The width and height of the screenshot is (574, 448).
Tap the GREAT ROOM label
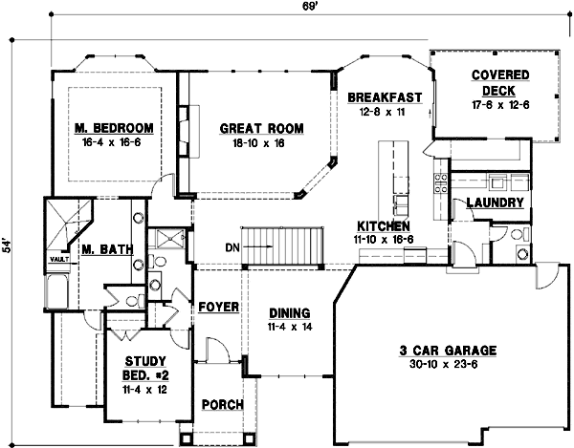pyautogui.click(x=261, y=128)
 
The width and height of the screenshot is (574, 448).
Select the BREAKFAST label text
pyautogui.click(x=386, y=97)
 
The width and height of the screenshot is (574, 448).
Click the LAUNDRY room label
pyautogui.click(x=494, y=203)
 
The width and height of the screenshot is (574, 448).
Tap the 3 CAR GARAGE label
pyautogui.click(x=439, y=351)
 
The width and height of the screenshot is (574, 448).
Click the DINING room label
pyautogui.click(x=288, y=312)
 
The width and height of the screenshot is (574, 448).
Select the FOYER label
pyautogui.click(x=217, y=308)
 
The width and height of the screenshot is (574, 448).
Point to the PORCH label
pyautogui.click(x=221, y=404)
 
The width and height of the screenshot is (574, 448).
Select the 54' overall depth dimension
pyautogui.click(x=8, y=244)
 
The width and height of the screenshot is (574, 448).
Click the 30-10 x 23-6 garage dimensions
pyautogui.click(x=440, y=364)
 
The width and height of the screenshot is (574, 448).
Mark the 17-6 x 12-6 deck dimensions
pyautogui.click(x=496, y=103)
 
